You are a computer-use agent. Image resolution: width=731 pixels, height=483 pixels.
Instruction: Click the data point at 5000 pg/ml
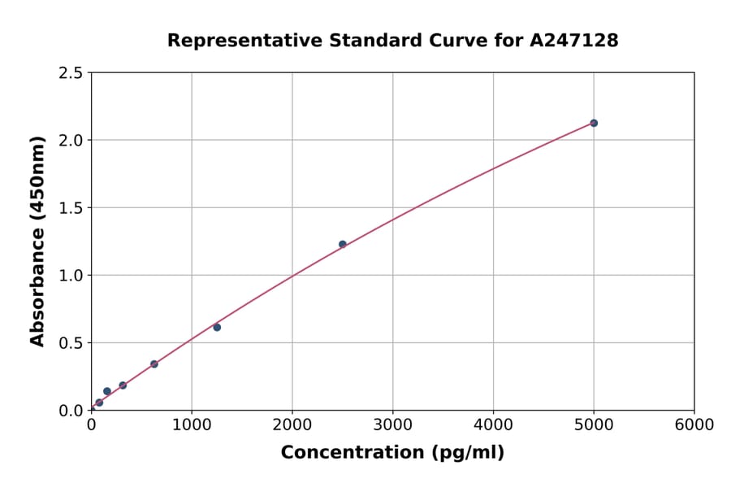594,123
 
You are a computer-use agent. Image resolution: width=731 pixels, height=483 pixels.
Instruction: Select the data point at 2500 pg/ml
343,244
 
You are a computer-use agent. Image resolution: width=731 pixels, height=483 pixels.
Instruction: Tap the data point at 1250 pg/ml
217,327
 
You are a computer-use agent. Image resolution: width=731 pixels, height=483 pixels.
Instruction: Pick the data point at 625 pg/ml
154,363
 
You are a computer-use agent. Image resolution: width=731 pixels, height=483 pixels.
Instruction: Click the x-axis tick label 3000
392,425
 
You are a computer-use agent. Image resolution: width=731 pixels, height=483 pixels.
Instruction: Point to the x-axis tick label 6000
694,425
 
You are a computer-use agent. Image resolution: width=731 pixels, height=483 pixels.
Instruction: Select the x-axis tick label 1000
192,425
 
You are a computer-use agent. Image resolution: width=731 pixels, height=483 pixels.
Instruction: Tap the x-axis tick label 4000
493,425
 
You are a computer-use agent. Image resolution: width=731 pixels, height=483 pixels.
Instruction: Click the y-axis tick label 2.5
71,73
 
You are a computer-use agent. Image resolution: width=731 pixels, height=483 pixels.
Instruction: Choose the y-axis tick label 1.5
71,208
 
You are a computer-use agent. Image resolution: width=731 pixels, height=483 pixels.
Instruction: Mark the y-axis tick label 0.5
71,343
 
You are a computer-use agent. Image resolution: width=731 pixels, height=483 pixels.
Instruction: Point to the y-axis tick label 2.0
71,141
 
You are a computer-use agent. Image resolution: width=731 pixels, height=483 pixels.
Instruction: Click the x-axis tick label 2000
292,425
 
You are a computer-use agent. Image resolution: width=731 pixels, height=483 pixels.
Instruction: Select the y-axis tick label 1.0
71,276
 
